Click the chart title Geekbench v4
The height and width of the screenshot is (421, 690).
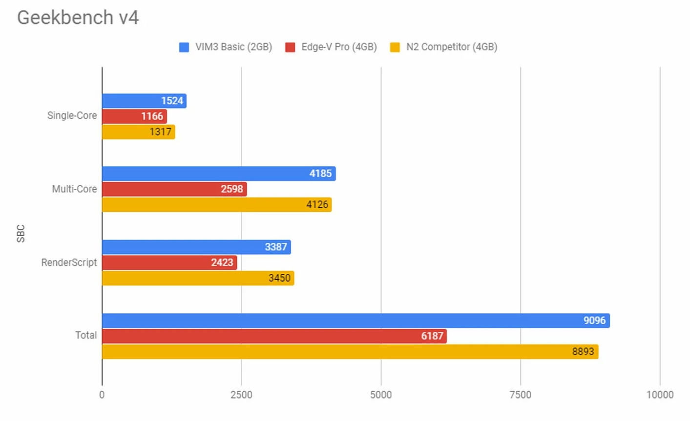click(x=78, y=18)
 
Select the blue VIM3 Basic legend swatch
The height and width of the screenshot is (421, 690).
click(x=184, y=47)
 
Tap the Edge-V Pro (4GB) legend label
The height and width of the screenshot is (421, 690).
click(x=339, y=47)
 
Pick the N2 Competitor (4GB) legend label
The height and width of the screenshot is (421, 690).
click(x=452, y=47)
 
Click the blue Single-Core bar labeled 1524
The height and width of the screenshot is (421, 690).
click(x=144, y=101)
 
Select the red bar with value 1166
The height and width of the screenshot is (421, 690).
click(x=134, y=116)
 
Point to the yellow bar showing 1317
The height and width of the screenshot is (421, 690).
click(x=138, y=132)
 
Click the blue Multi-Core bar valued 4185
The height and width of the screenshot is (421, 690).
click(x=218, y=174)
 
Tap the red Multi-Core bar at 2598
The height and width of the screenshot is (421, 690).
click(x=174, y=189)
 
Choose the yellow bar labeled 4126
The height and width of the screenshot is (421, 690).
click(x=216, y=204)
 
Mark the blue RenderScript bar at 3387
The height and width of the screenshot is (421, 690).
click(x=196, y=247)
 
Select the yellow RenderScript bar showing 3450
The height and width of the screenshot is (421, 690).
click(x=198, y=278)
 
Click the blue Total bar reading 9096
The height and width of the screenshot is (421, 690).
click(x=355, y=321)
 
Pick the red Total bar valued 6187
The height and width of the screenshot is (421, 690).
click(x=274, y=336)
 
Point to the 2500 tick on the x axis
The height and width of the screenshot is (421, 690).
click(x=241, y=395)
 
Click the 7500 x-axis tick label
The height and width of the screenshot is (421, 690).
click(x=520, y=395)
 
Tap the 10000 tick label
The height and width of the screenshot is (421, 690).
click(x=660, y=395)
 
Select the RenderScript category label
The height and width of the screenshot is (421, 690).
click(x=69, y=263)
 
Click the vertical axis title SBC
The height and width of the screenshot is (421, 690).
click(x=21, y=234)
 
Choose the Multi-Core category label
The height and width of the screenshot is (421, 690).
click(x=74, y=189)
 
